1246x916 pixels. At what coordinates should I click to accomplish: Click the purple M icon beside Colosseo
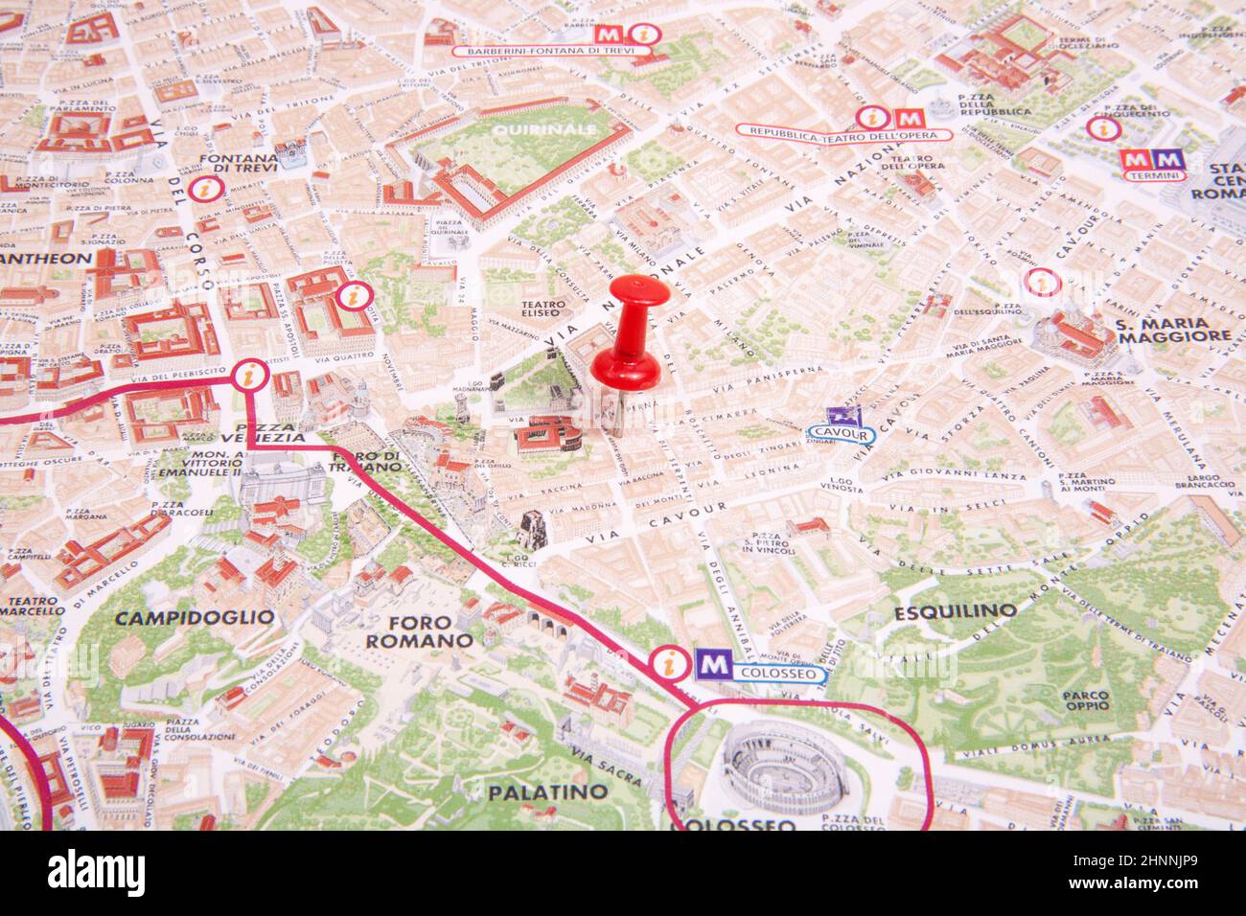click(710, 663)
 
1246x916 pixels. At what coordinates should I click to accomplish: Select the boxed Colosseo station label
click(781, 675)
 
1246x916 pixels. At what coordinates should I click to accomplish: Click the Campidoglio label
click(194, 618)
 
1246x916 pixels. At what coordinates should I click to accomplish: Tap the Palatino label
click(547, 792)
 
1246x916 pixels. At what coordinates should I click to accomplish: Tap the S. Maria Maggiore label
click(1173, 330)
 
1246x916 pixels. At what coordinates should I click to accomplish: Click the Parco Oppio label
click(1085, 701)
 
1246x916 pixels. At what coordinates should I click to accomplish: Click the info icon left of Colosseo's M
click(664, 662)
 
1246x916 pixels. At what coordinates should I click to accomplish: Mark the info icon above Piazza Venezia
click(250, 375)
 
